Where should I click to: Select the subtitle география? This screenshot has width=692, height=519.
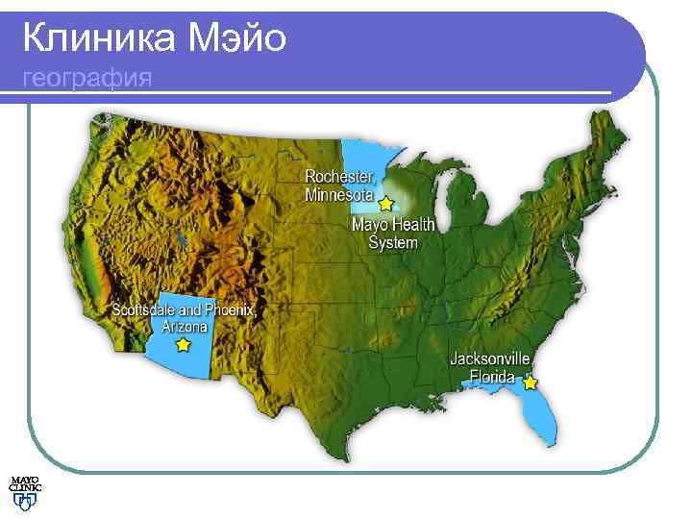pos(86,78)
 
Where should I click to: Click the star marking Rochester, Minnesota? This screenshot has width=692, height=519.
pos(386,204)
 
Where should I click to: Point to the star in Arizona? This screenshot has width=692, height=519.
pos(183,343)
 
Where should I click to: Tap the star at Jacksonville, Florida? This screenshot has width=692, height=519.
pos(530,382)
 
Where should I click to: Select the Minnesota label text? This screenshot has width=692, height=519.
pos(339,195)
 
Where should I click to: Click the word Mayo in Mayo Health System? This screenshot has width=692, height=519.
pos(369,225)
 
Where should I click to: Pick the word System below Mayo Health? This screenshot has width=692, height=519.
pos(394,242)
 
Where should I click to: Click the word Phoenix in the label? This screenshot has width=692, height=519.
pos(231,310)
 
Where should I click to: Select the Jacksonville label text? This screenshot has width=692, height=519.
pos(491,359)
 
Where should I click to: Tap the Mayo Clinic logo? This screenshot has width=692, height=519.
pos(26,491)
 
